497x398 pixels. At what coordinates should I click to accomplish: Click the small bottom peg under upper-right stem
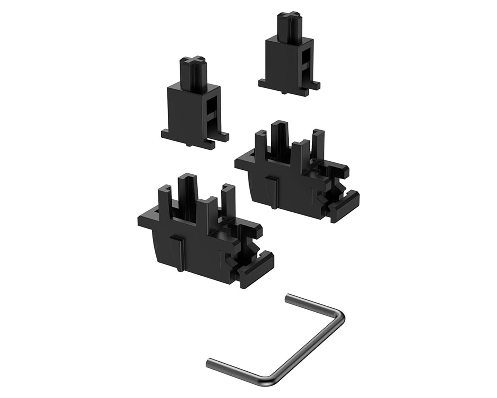tap(284, 93)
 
